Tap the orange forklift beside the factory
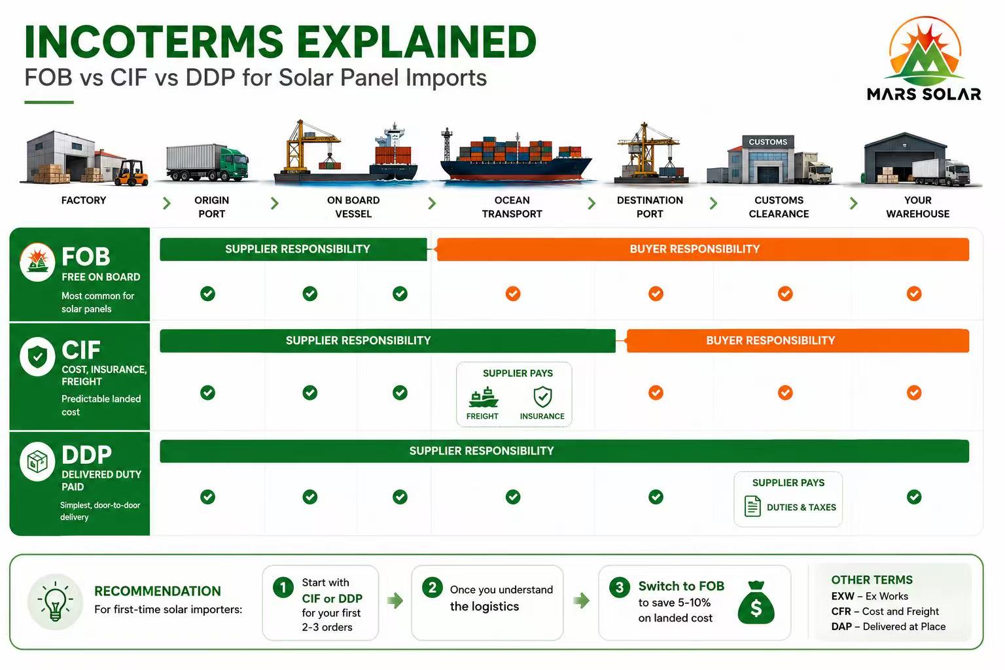pos(131,173)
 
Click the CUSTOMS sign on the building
pos(767,142)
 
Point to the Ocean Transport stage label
pos(512,207)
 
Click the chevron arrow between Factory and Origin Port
pos(166,203)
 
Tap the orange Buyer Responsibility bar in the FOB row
pos(703,249)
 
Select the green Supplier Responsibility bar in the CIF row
pos(387,341)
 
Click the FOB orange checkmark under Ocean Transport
pos(513,294)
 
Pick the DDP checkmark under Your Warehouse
pos(914,497)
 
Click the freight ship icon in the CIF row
pos(483,397)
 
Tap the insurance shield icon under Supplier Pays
pos(542,397)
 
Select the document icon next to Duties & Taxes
pos(752,506)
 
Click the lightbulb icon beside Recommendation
pos(55,602)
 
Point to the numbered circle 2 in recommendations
pos(432,588)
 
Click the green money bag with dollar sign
pos(756,602)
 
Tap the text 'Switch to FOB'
pos(681,586)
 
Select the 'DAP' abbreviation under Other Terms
pos(841,626)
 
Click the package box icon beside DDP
pos(38,461)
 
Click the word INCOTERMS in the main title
pos(154,42)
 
